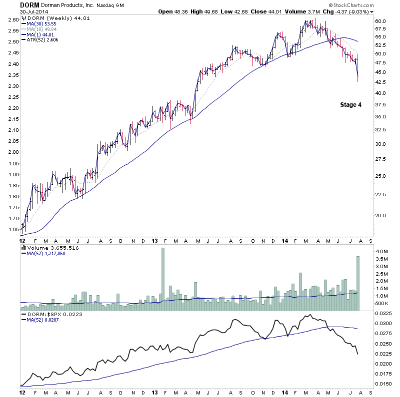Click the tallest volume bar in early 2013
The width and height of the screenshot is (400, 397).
162,279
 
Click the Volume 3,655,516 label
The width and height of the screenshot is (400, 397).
48,247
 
